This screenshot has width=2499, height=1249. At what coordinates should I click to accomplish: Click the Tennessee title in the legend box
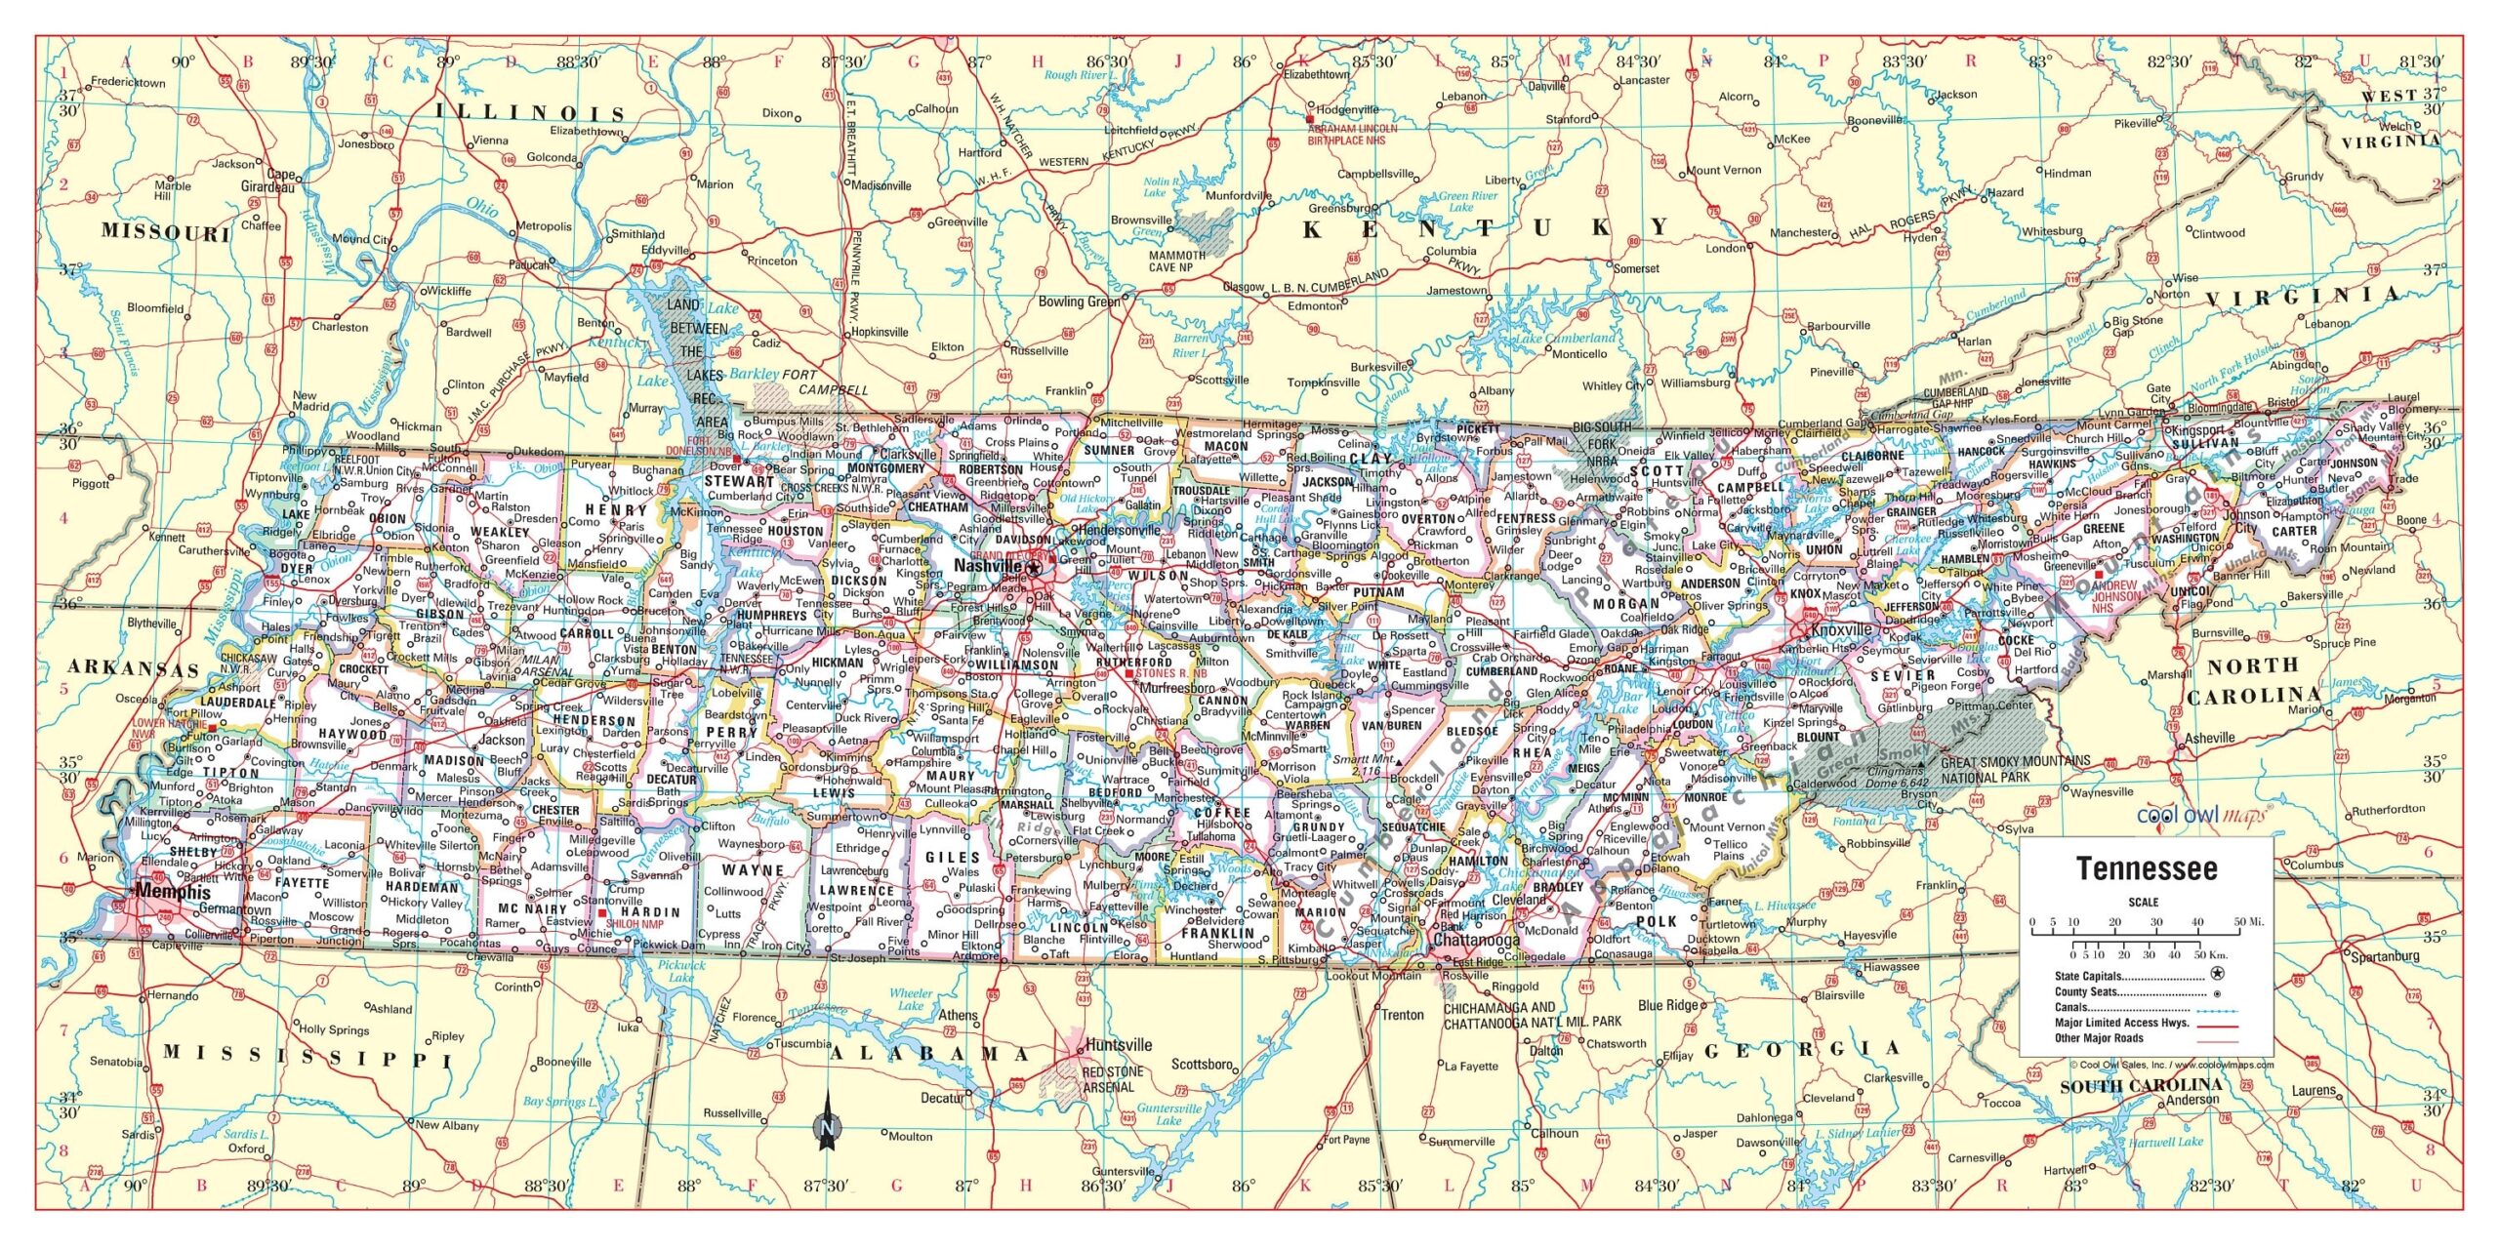pos(2147,868)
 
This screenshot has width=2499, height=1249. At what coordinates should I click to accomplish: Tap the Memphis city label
pos(173,892)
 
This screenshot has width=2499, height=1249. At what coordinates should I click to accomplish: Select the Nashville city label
pos(987,566)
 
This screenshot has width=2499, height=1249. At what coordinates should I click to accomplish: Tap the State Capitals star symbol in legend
pos(2209,974)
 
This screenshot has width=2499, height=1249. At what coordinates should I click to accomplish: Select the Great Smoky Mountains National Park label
pos(2015,769)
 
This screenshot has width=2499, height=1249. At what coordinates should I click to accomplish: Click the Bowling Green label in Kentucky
pos(1078,302)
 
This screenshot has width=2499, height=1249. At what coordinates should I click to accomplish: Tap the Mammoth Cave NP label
pos(1177,261)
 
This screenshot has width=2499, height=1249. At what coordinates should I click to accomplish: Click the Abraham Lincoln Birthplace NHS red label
pos(1352,134)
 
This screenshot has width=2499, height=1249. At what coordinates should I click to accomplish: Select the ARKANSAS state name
pos(134,669)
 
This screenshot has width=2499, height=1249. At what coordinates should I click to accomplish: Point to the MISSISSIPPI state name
pos(307,1057)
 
